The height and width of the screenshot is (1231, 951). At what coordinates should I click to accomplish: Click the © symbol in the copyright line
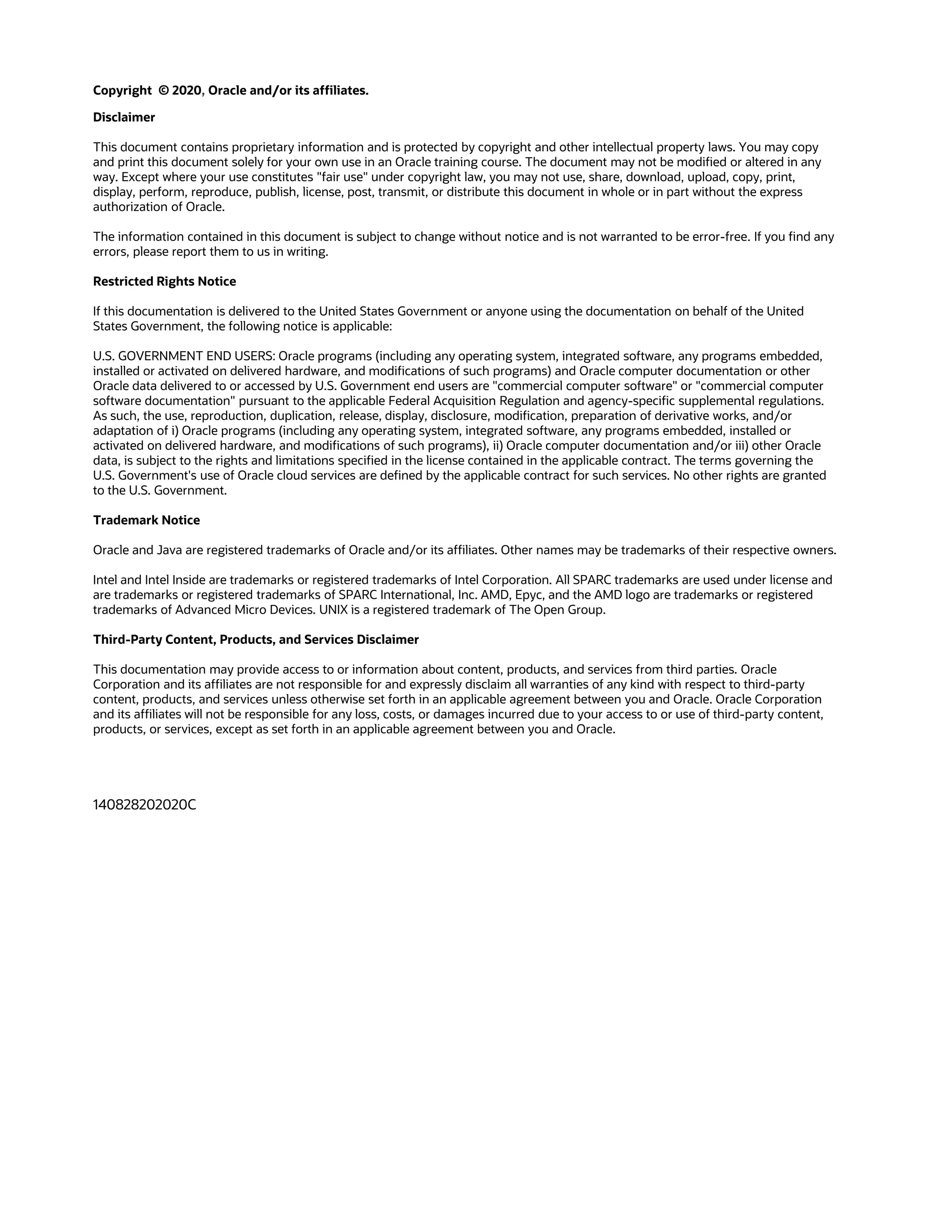coord(163,91)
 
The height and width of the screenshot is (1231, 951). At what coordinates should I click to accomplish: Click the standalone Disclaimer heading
coord(124,117)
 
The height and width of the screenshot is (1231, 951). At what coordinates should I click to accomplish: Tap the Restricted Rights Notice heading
coord(164,281)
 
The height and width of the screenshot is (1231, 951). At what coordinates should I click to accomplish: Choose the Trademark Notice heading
coord(146,520)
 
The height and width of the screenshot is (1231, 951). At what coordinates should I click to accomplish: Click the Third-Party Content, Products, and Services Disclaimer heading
coord(256,640)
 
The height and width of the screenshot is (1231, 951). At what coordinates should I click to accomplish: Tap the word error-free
coord(721,237)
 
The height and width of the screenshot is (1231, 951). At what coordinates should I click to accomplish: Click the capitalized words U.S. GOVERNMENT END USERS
coord(184,356)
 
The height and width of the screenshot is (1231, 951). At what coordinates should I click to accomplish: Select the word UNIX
coord(333,610)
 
